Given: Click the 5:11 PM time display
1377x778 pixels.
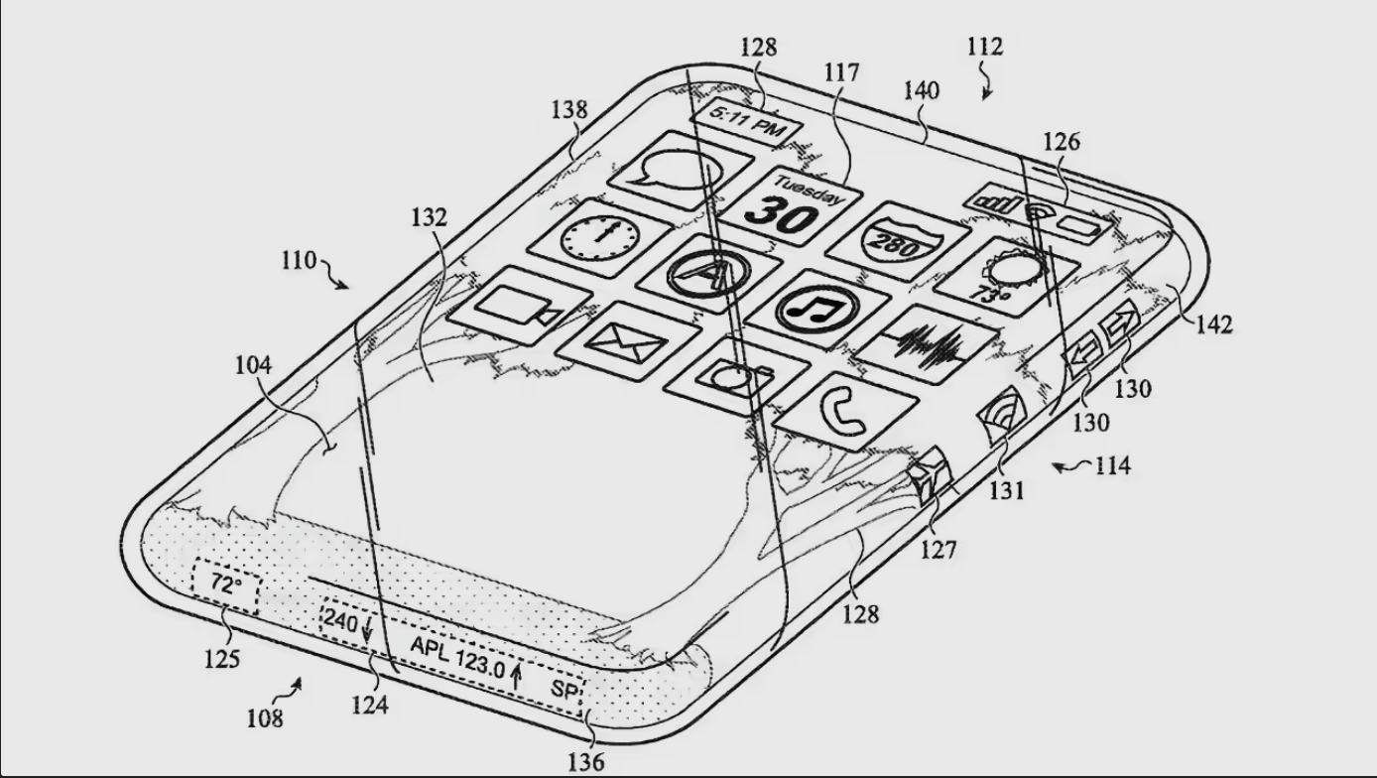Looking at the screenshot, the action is pyautogui.click(x=746, y=123).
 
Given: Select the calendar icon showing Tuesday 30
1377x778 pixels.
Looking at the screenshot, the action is pyautogui.click(x=790, y=205).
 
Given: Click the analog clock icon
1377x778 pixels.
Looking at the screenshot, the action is pyautogui.click(x=600, y=237).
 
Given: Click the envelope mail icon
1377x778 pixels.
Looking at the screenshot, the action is pyautogui.click(x=628, y=341).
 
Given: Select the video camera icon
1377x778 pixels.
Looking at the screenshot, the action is pyautogui.click(x=520, y=306).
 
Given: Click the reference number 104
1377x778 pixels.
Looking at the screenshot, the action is pyautogui.click(x=253, y=365).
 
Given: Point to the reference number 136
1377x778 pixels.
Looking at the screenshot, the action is pyautogui.click(x=586, y=762).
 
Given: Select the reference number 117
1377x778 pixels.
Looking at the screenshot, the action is pyautogui.click(x=841, y=73).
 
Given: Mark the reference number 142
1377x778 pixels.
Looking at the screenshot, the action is pyautogui.click(x=1214, y=324).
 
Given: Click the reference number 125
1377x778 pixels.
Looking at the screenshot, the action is pyautogui.click(x=222, y=659).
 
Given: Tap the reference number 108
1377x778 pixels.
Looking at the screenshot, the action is pyautogui.click(x=265, y=718).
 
